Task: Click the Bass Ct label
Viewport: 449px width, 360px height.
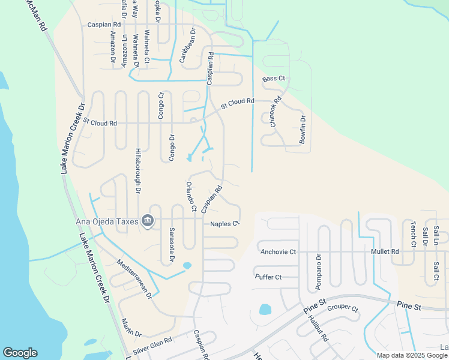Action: point(273,79)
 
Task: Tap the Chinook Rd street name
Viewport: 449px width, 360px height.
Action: point(276,112)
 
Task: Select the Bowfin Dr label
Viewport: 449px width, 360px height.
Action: point(303,130)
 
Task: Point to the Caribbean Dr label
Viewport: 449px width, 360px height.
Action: point(187,45)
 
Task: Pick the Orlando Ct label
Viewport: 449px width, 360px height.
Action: point(191,197)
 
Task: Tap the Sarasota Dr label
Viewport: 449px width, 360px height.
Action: point(171,244)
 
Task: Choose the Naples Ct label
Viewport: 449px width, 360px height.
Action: point(224,224)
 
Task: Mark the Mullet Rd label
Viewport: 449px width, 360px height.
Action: point(385,252)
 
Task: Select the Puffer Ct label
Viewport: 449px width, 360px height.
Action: point(268,277)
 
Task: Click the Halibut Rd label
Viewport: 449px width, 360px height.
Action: point(319,328)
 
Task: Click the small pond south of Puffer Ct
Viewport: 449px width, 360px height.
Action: point(265,310)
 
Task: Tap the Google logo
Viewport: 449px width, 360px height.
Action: point(20,353)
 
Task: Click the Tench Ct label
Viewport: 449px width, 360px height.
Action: point(413,234)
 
